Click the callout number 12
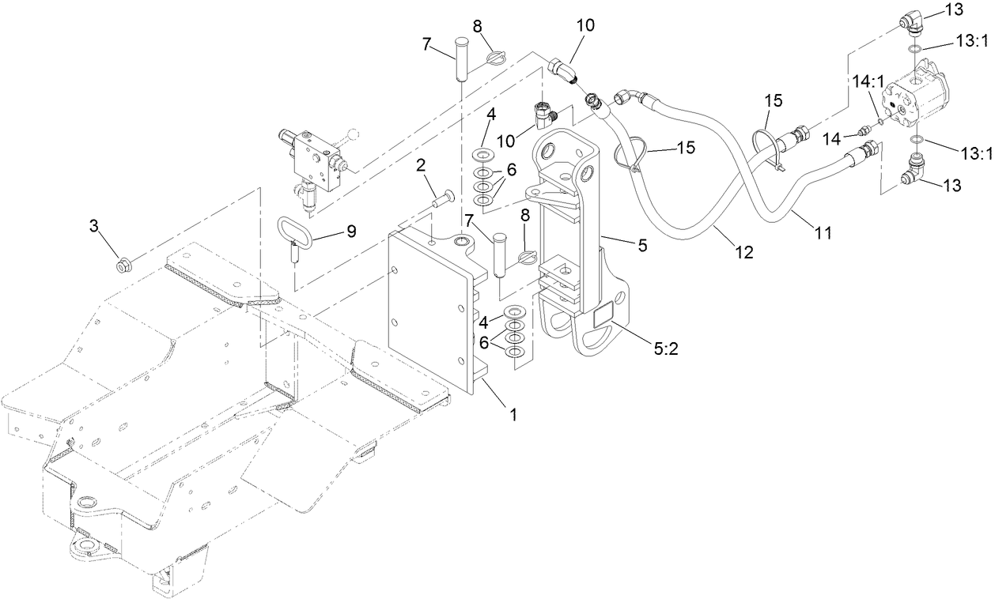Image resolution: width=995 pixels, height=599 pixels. coord(743,253)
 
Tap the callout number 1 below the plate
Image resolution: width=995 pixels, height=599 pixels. coord(513,414)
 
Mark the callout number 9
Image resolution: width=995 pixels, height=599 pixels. coord(350,231)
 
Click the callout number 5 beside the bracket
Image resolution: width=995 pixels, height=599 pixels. coord(642,245)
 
